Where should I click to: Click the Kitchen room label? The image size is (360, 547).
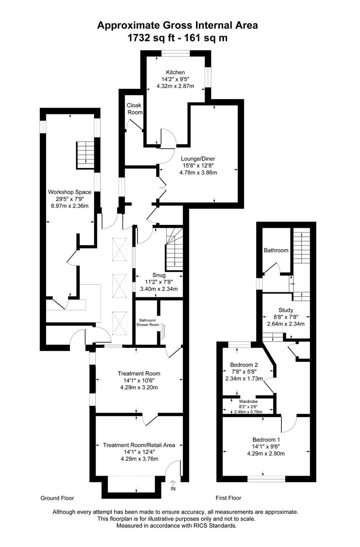[175, 72]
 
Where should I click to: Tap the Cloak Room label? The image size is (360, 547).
[135, 109]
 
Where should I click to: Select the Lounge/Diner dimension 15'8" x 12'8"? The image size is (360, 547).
[198, 165]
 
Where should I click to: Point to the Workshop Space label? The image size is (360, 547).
[70, 192]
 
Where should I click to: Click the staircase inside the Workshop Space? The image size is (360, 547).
[85, 155]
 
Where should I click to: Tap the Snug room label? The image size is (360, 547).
[159, 275]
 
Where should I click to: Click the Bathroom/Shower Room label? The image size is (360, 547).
[147, 322]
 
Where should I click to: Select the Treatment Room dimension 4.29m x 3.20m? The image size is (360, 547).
[139, 387]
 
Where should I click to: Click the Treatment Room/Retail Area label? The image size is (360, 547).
[139, 445]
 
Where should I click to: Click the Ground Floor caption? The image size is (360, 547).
[57, 498]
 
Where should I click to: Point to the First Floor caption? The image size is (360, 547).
[228, 498]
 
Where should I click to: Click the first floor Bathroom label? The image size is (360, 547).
[276, 250]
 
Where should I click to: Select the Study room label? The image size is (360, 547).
[286, 310]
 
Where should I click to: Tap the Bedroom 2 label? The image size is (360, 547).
[244, 365]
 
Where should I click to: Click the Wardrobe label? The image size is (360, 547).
[248, 401]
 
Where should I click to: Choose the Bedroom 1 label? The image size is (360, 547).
[266, 440]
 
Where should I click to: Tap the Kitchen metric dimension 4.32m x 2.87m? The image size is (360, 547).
[175, 86]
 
